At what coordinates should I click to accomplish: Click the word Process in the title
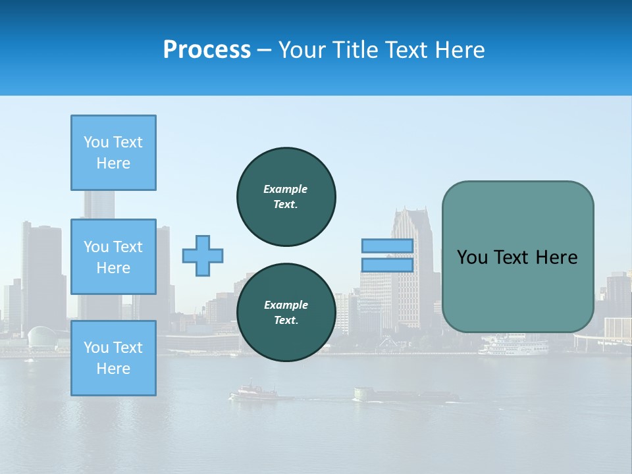pos(207,50)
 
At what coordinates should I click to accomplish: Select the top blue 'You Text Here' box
pos(113,153)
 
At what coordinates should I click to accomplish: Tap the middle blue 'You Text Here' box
pos(113,257)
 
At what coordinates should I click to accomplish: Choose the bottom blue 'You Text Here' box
pos(113,357)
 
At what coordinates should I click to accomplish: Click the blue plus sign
pos(203,255)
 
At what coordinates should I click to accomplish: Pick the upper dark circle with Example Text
pos(286,197)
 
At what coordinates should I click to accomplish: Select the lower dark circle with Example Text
pos(286,312)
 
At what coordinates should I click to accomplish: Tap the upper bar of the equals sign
pos(387,246)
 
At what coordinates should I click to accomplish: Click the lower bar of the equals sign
pos(387,265)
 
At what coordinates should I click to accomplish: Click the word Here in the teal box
pos(556,257)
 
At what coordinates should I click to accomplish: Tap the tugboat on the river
pos(253,392)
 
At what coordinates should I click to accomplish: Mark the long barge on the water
pos(402,395)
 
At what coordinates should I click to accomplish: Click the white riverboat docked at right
pos(513,347)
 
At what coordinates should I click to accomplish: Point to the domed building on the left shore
pos(42,337)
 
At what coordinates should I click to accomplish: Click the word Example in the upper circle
pos(285,189)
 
